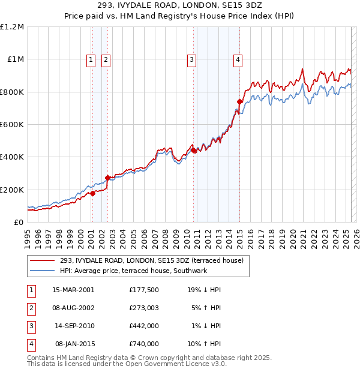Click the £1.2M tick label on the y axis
[12, 27]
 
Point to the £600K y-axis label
[12, 125]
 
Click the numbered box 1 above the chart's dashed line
[91, 59]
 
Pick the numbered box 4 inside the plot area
[238, 59]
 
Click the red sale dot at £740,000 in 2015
[239, 101]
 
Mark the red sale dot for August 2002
[107, 178]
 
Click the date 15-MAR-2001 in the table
[73, 289]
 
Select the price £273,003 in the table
[143, 307]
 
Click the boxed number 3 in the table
[31, 326]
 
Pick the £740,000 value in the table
[143, 344]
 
